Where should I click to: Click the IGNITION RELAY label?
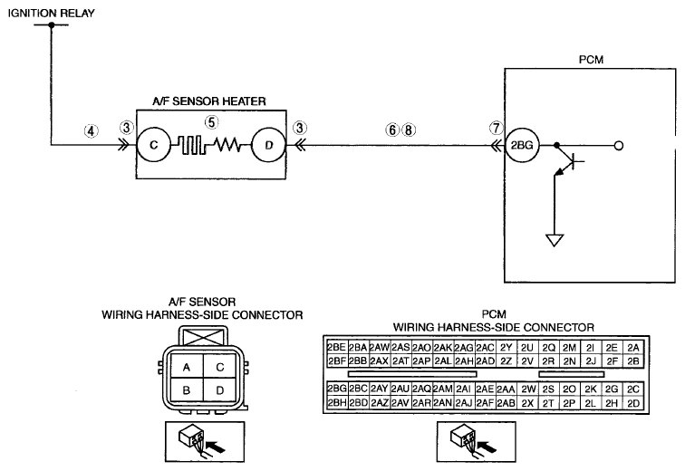[51, 13]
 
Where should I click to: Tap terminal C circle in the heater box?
[153, 145]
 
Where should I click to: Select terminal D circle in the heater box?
[269, 145]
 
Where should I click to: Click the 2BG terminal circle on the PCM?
[522, 145]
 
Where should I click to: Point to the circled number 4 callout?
[91, 131]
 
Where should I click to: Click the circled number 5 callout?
[212, 122]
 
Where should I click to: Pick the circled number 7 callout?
[496, 129]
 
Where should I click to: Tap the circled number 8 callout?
[409, 130]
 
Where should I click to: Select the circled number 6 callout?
[392, 130]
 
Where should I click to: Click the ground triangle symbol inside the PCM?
[555, 240]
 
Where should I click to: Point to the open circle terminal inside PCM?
[619, 145]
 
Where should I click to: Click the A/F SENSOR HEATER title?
[209, 101]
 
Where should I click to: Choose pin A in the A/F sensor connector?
[187, 367]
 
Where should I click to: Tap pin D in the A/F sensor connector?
[220, 389]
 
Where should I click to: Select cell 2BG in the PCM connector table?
[337, 389]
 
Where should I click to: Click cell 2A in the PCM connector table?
[633, 348]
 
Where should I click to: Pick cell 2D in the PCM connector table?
[633, 403]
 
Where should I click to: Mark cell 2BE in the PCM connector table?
[337, 348]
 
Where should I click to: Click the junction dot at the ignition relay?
[51, 24]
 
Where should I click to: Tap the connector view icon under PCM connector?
[477, 442]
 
